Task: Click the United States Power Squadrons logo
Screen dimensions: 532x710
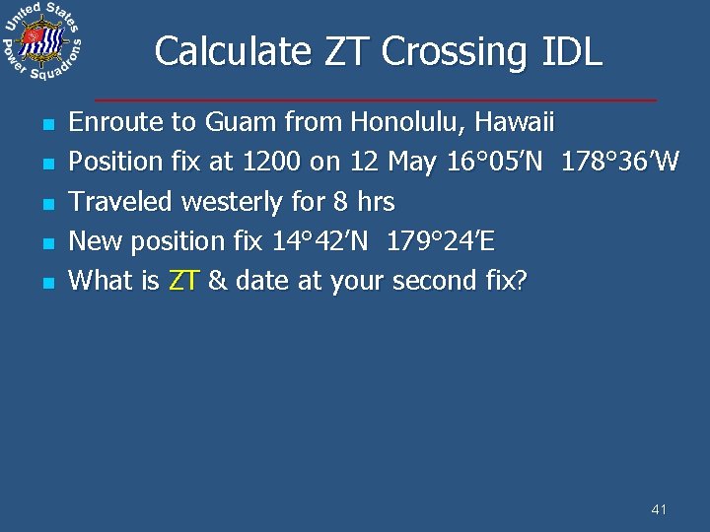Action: tap(42, 42)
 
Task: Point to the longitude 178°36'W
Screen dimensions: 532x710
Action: tap(619, 162)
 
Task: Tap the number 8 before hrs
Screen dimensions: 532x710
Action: tap(340, 202)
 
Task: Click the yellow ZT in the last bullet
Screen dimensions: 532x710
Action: tap(183, 281)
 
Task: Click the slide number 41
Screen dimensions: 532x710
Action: tap(660, 509)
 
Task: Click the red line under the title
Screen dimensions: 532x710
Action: tap(375, 100)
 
